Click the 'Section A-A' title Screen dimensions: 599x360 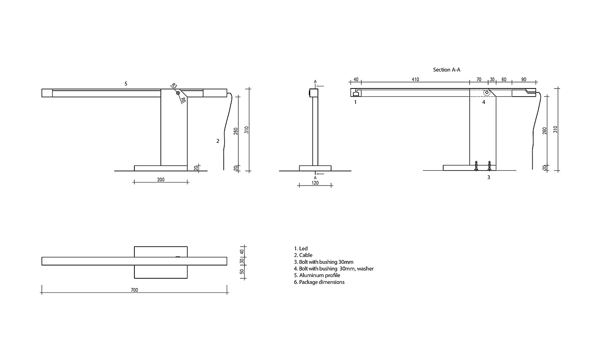[447, 69]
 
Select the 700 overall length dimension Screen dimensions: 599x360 [134, 290]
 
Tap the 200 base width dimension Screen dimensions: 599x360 [161, 180]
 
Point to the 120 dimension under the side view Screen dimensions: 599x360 [315, 183]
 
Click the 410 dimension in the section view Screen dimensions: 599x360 [415, 80]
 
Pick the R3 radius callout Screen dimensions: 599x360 [174, 86]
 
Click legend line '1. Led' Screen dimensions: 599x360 [300, 248]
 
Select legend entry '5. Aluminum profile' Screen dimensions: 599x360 [317, 275]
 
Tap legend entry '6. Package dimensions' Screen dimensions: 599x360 [319, 282]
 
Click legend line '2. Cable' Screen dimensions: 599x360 [303, 255]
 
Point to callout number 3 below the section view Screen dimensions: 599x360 [488, 177]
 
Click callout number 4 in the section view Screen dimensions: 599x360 [484, 102]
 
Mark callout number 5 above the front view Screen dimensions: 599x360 [126, 84]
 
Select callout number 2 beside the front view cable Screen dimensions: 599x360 [218, 141]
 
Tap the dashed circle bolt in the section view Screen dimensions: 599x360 [487, 93]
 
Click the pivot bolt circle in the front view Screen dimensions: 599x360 [178, 93]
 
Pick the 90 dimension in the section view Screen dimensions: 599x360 [524, 80]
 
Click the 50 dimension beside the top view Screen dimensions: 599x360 [242, 272]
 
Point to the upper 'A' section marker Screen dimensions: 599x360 [315, 81]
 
